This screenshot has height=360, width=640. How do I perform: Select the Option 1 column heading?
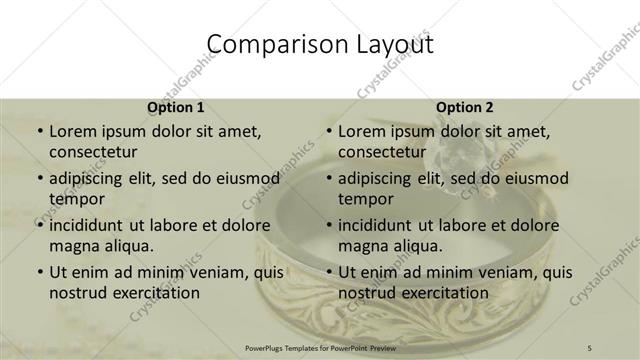coord(176,107)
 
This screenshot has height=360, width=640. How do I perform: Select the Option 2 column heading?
coord(465,107)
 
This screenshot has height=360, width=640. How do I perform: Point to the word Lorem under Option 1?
coord(73,130)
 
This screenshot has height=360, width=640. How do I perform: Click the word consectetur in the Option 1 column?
coord(94,151)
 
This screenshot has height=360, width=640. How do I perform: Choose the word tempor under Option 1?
coord(77,198)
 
